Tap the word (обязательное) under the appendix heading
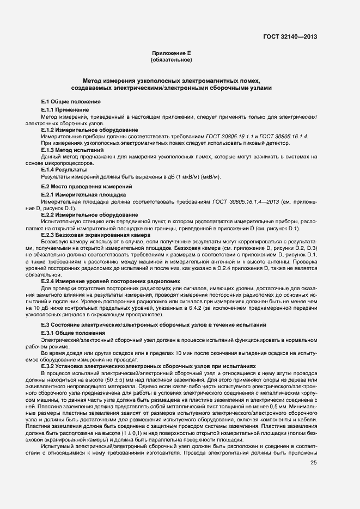pyautogui.click(x=172, y=60)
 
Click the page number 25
pyautogui.click(x=313, y=463)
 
